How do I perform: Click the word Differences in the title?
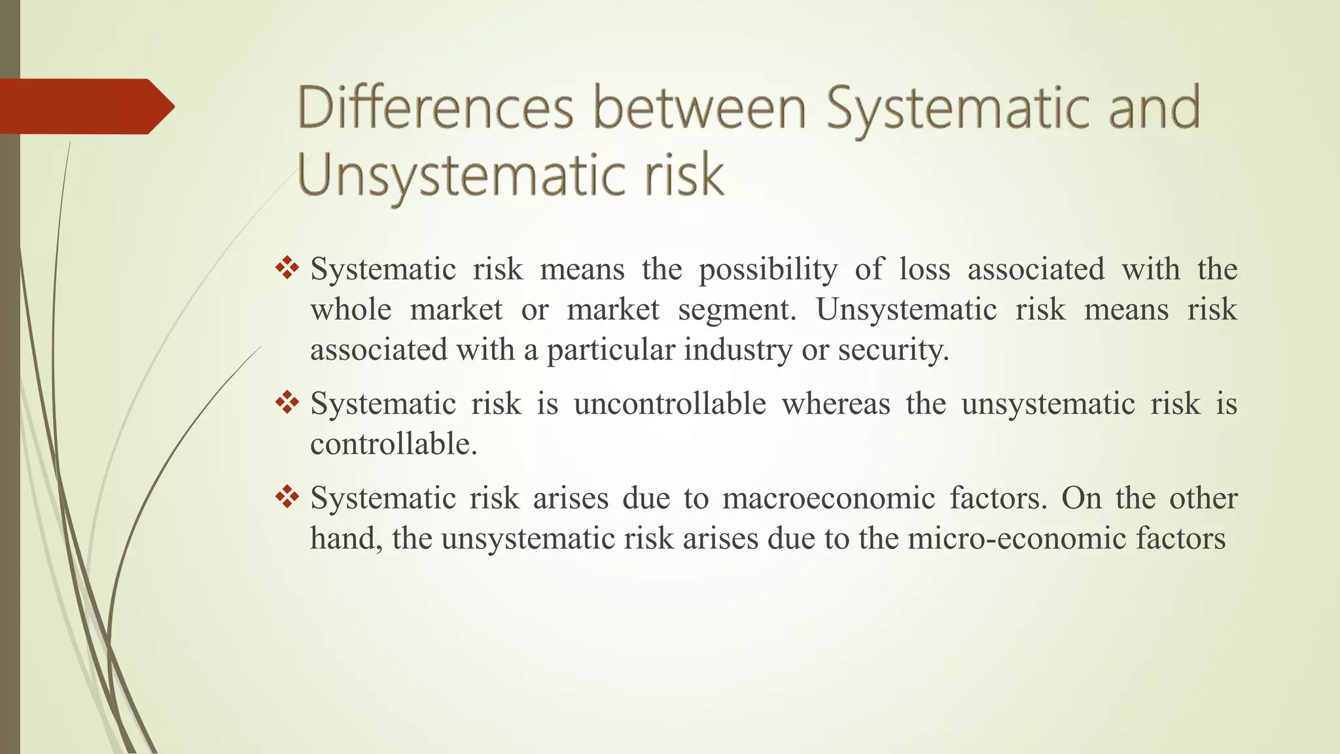point(435,108)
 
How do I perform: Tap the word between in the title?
point(699,108)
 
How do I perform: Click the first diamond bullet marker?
point(287,268)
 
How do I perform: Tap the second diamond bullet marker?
point(287,403)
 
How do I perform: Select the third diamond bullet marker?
point(287,497)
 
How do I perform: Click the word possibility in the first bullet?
point(768,270)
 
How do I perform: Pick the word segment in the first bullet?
point(736,310)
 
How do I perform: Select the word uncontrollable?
point(670,404)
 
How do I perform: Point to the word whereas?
point(836,404)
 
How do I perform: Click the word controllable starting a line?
point(393,444)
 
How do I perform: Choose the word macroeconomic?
point(828,499)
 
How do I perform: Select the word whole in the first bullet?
point(351,310)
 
